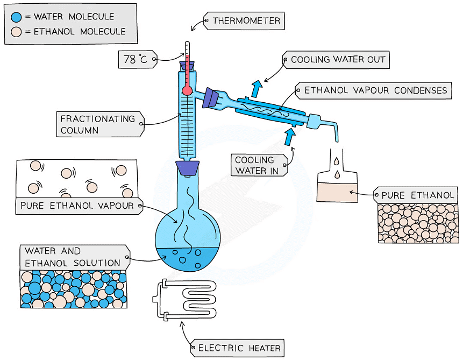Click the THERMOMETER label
245,22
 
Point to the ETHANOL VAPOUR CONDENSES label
375,90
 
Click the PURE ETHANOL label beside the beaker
417,195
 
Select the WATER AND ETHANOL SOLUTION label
73,257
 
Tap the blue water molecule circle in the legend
17,17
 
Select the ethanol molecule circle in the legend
17,32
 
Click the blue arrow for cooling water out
257,87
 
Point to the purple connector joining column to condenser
212,97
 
